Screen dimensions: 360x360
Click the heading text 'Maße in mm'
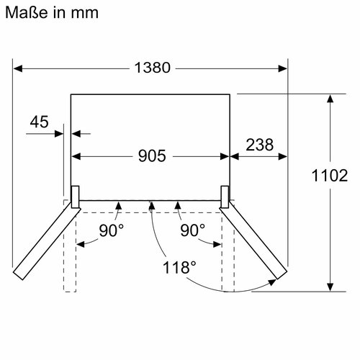click(x=55, y=13)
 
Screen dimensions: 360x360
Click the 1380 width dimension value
click(x=151, y=68)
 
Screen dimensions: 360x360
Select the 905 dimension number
click(x=150, y=155)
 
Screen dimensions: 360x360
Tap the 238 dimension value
click(x=259, y=144)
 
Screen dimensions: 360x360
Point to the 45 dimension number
click(x=40, y=122)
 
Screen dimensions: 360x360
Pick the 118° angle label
click(x=179, y=267)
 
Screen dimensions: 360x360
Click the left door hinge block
click(x=74, y=194)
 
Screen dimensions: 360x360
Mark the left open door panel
click(x=43, y=242)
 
